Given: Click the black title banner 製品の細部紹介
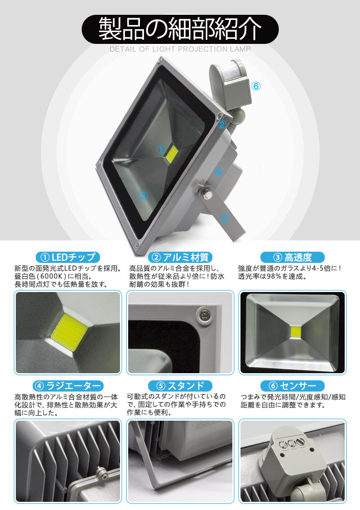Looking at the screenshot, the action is click(180, 29).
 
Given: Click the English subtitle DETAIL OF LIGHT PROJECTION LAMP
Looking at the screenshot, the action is click(180, 49).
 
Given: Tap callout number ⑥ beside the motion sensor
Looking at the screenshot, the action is click(256, 86).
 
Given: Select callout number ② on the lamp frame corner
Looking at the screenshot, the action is click(222, 125).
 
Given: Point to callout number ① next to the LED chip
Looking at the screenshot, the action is click(161, 150).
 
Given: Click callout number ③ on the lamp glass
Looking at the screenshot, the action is click(143, 195).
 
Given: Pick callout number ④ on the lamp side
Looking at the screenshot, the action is click(218, 171).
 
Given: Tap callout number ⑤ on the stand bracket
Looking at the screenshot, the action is click(225, 218).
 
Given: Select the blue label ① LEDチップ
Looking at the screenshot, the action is click(67, 257).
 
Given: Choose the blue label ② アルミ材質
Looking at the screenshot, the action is click(180, 257).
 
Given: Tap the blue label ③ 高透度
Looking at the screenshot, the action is click(293, 257).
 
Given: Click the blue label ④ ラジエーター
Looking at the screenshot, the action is click(67, 386).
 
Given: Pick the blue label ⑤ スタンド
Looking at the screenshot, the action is click(180, 386).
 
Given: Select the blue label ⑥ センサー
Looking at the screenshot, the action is click(293, 386).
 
